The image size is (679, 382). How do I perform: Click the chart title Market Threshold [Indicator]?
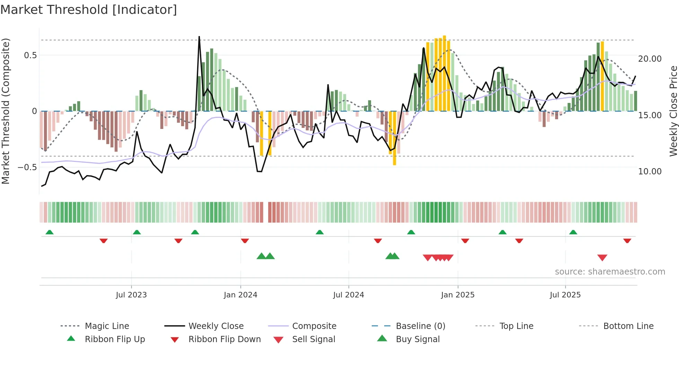coord(89,10)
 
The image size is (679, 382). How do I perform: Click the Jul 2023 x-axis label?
coord(131,295)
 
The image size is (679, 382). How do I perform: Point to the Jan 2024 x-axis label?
coord(240,295)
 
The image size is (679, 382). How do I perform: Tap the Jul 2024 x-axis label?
coord(349,295)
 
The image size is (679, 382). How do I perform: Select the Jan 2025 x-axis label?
coord(458,295)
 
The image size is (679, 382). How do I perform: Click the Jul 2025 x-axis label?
coord(565,295)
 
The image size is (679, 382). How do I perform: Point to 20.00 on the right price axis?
coord(650,59)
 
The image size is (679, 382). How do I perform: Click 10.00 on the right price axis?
coord(650,171)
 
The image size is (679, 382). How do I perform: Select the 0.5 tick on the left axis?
coord(30,55)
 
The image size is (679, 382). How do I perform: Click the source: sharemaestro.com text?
coord(610,272)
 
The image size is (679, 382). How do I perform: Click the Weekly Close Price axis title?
coord(673,111)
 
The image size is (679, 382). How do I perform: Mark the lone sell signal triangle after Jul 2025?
coord(602,258)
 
